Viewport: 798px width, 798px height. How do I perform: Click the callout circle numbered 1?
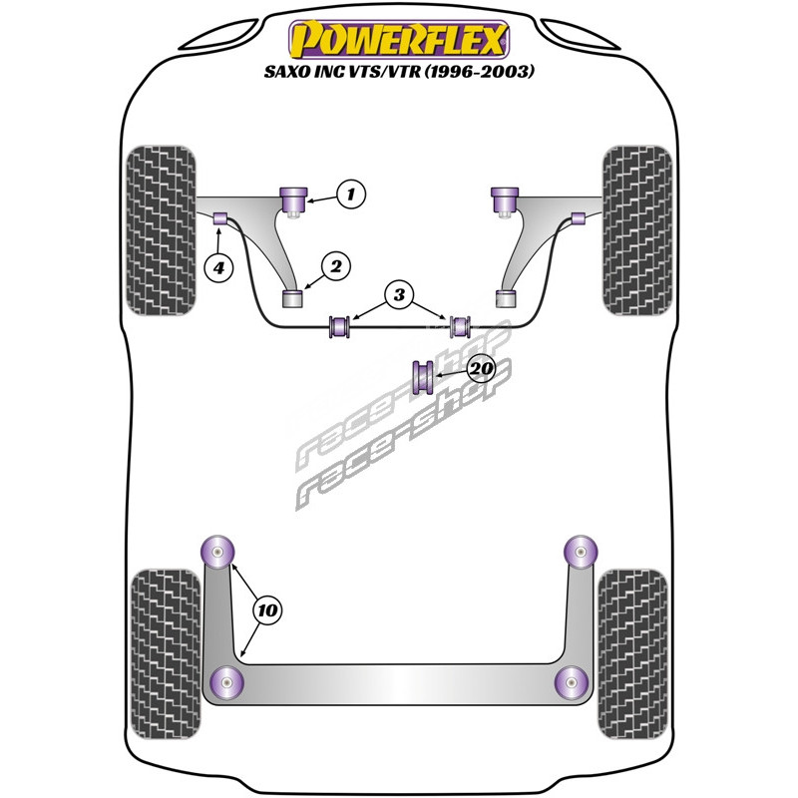[x=349, y=194]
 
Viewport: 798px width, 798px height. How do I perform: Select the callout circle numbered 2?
[x=335, y=266]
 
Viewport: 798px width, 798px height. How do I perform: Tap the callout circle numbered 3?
[x=399, y=294]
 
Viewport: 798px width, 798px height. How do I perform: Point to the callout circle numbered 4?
[x=218, y=266]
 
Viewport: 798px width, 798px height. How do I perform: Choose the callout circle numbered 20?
[x=481, y=370]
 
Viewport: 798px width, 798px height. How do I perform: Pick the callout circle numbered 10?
[x=265, y=608]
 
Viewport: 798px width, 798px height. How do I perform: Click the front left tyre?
[x=161, y=227]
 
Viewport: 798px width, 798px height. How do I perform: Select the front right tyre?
[x=636, y=227]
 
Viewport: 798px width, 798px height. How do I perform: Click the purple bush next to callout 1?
[x=296, y=199]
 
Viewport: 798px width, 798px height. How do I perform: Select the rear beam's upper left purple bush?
[x=216, y=548]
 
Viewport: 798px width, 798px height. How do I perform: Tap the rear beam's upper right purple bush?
[x=580, y=549]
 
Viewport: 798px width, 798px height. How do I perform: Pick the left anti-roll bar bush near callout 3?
[x=340, y=325]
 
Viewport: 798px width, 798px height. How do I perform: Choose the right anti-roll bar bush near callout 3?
[x=460, y=325]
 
